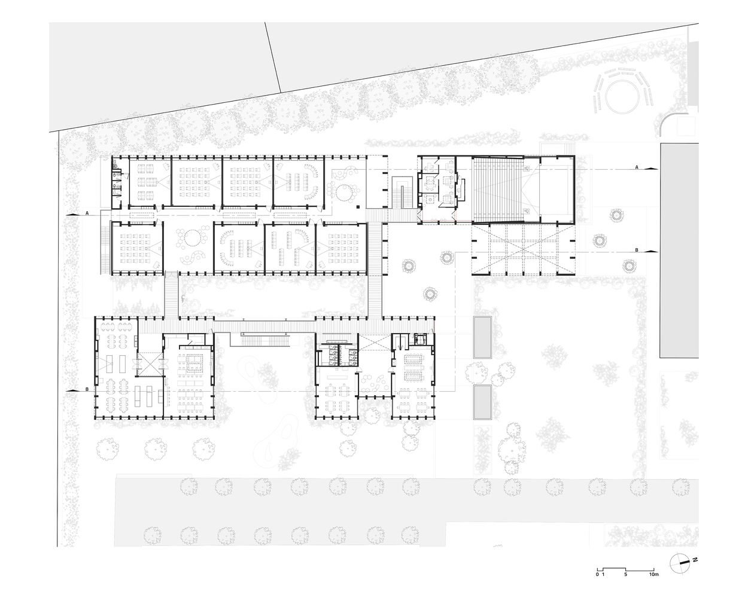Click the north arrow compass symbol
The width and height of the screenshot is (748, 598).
click(x=680, y=572)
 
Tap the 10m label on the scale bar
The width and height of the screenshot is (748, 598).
click(x=653, y=584)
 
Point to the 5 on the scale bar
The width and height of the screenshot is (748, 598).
click(x=625, y=584)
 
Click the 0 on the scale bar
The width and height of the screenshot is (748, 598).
click(x=597, y=584)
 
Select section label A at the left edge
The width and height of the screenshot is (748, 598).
click(x=87, y=213)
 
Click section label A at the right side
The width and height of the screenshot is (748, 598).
click(x=637, y=167)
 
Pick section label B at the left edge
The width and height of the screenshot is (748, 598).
click(x=87, y=389)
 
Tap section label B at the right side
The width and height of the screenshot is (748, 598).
click(x=637, y=250)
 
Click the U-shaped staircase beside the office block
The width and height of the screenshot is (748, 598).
click(x=402, y=192)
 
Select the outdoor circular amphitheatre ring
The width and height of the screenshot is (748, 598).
click(x=622, y=96)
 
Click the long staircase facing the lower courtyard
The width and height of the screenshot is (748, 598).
click(x=265, y=339)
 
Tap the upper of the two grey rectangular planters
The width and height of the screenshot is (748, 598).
click(x=482, y=337)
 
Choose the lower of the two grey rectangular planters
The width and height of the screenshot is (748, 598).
click(x=482, y=402)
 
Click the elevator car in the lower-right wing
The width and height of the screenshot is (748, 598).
click(x=421, y=338)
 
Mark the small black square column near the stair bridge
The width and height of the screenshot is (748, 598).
click(x=358, y=207)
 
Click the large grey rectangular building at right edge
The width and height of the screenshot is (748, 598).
click(x=679, y=250)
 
